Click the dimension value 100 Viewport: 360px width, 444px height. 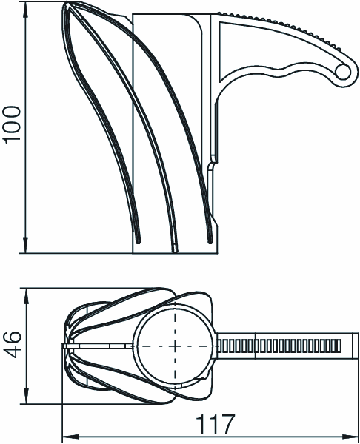(12, 123)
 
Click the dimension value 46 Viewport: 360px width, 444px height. (12, 344)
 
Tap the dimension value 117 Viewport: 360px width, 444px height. (216, 424)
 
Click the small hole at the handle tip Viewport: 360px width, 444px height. (342, 71)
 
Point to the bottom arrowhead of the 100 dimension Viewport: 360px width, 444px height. (25, 245)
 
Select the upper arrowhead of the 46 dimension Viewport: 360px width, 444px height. (26, 297)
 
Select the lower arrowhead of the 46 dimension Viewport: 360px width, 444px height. (26, 396)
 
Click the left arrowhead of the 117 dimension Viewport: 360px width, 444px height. (70, 436)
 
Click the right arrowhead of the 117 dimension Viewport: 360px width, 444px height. (350, 436)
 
